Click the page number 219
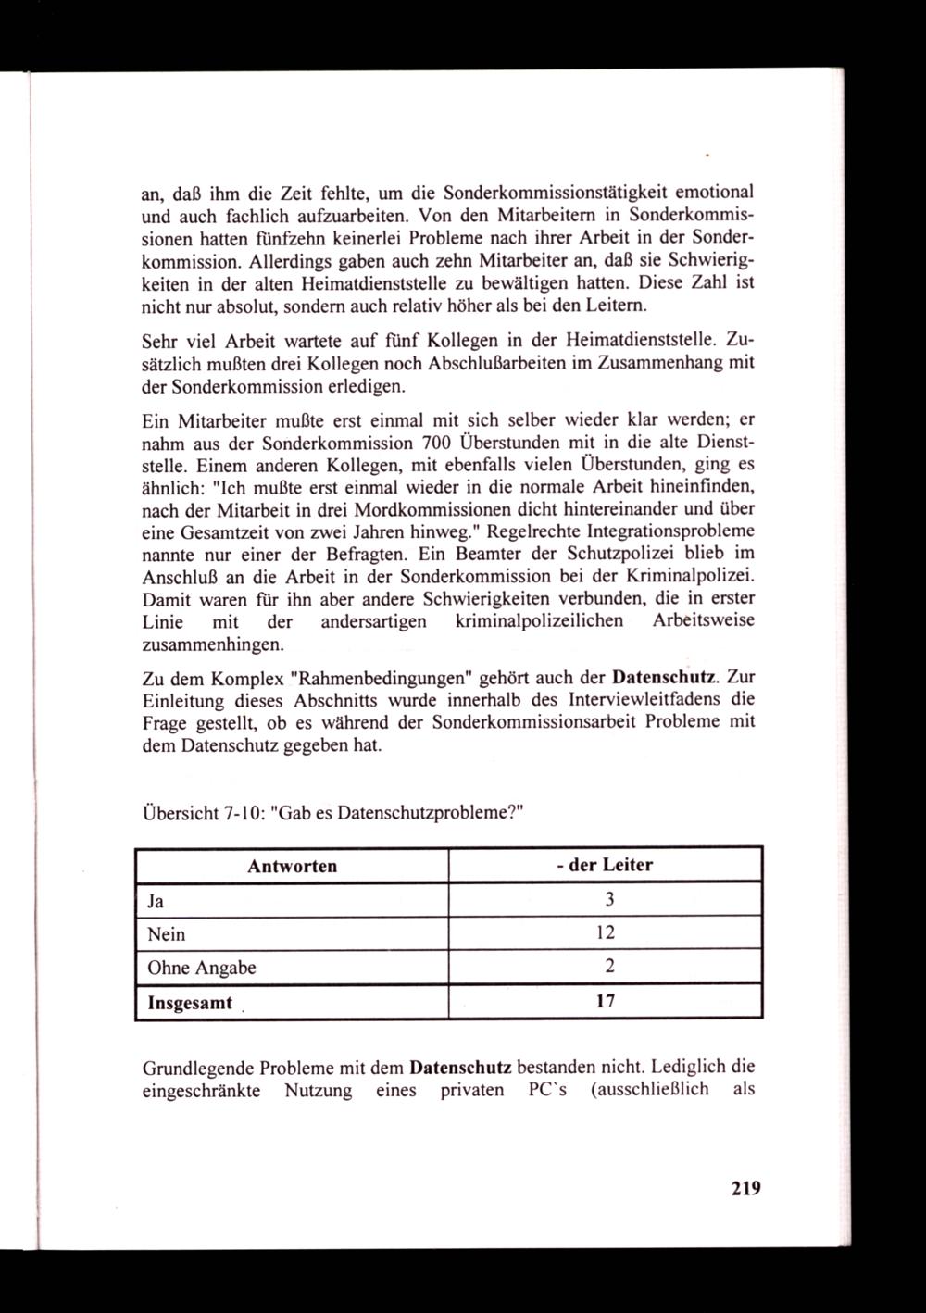click(744, 1188)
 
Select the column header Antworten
click(292, 866)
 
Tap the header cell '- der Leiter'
click(605, 866)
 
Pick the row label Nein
click(167, 934)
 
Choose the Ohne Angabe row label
click(202, 969)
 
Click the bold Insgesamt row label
click(190, 1003)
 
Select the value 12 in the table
click(607, 934)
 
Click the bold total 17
click(607, 1002)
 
